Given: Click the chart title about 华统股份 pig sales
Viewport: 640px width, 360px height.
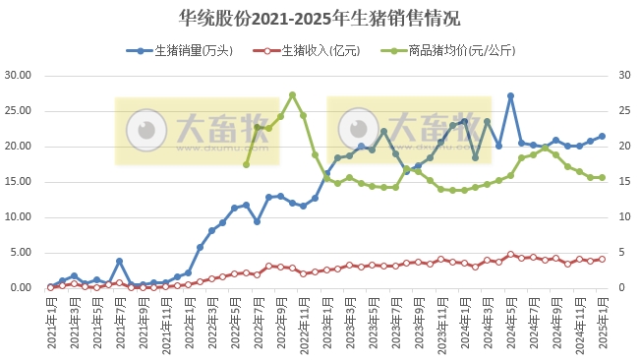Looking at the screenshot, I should coord(320,19).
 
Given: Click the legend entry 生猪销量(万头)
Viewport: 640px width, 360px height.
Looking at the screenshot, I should coord(188,50).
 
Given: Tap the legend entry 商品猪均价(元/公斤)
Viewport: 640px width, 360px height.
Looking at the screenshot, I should coord(438,50).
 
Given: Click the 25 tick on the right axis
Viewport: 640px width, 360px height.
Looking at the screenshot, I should coord(624,111).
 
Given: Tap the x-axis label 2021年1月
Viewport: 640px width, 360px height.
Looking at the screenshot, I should coord(51,323).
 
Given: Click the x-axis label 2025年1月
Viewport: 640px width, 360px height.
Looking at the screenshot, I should coord(603,323).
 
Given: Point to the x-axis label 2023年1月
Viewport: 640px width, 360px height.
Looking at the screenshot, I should coord(327,323).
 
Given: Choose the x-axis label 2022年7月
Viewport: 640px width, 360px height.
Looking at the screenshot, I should coord(259,323).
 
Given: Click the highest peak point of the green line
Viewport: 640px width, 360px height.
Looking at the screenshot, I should coord(292,95).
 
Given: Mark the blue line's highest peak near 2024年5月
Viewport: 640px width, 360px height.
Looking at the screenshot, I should coord(510,96).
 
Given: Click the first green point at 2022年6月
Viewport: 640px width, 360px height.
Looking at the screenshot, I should coord(246,164).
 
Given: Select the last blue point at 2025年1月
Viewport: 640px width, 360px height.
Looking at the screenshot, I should coord(602,137).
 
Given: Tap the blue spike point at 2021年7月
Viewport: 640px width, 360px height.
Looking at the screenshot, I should coord(119,262).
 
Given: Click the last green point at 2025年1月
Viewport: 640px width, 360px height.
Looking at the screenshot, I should coord(602,178).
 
